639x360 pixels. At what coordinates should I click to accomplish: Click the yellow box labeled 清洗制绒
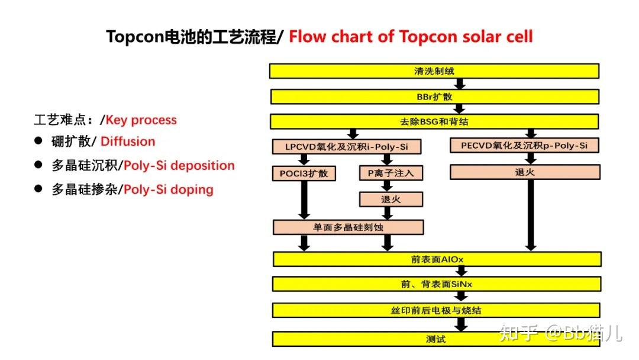point(434,71)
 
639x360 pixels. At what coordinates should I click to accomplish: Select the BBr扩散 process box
point(434,96)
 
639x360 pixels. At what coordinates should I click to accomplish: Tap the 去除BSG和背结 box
point(434,121)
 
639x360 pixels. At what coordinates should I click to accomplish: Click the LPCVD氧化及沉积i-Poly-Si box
point(347,146)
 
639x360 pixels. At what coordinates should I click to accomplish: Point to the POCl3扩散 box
point(304,173)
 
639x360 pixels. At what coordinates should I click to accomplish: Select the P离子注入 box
point(390,173)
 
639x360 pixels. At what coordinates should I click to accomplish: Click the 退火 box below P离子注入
point(390,199)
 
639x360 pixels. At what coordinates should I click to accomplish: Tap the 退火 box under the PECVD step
point(525,172)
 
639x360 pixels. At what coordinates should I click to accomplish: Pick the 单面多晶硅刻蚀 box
point(348,227)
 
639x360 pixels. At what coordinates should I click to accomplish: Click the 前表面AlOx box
point(437,259)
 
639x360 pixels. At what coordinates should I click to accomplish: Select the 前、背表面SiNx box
point(437,284)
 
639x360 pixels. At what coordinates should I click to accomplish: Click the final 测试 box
point(437,339)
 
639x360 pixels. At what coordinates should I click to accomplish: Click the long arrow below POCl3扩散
point(304,200)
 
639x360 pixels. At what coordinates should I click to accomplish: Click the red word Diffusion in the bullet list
point(128,142)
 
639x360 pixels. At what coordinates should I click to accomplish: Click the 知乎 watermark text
point(518,333)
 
